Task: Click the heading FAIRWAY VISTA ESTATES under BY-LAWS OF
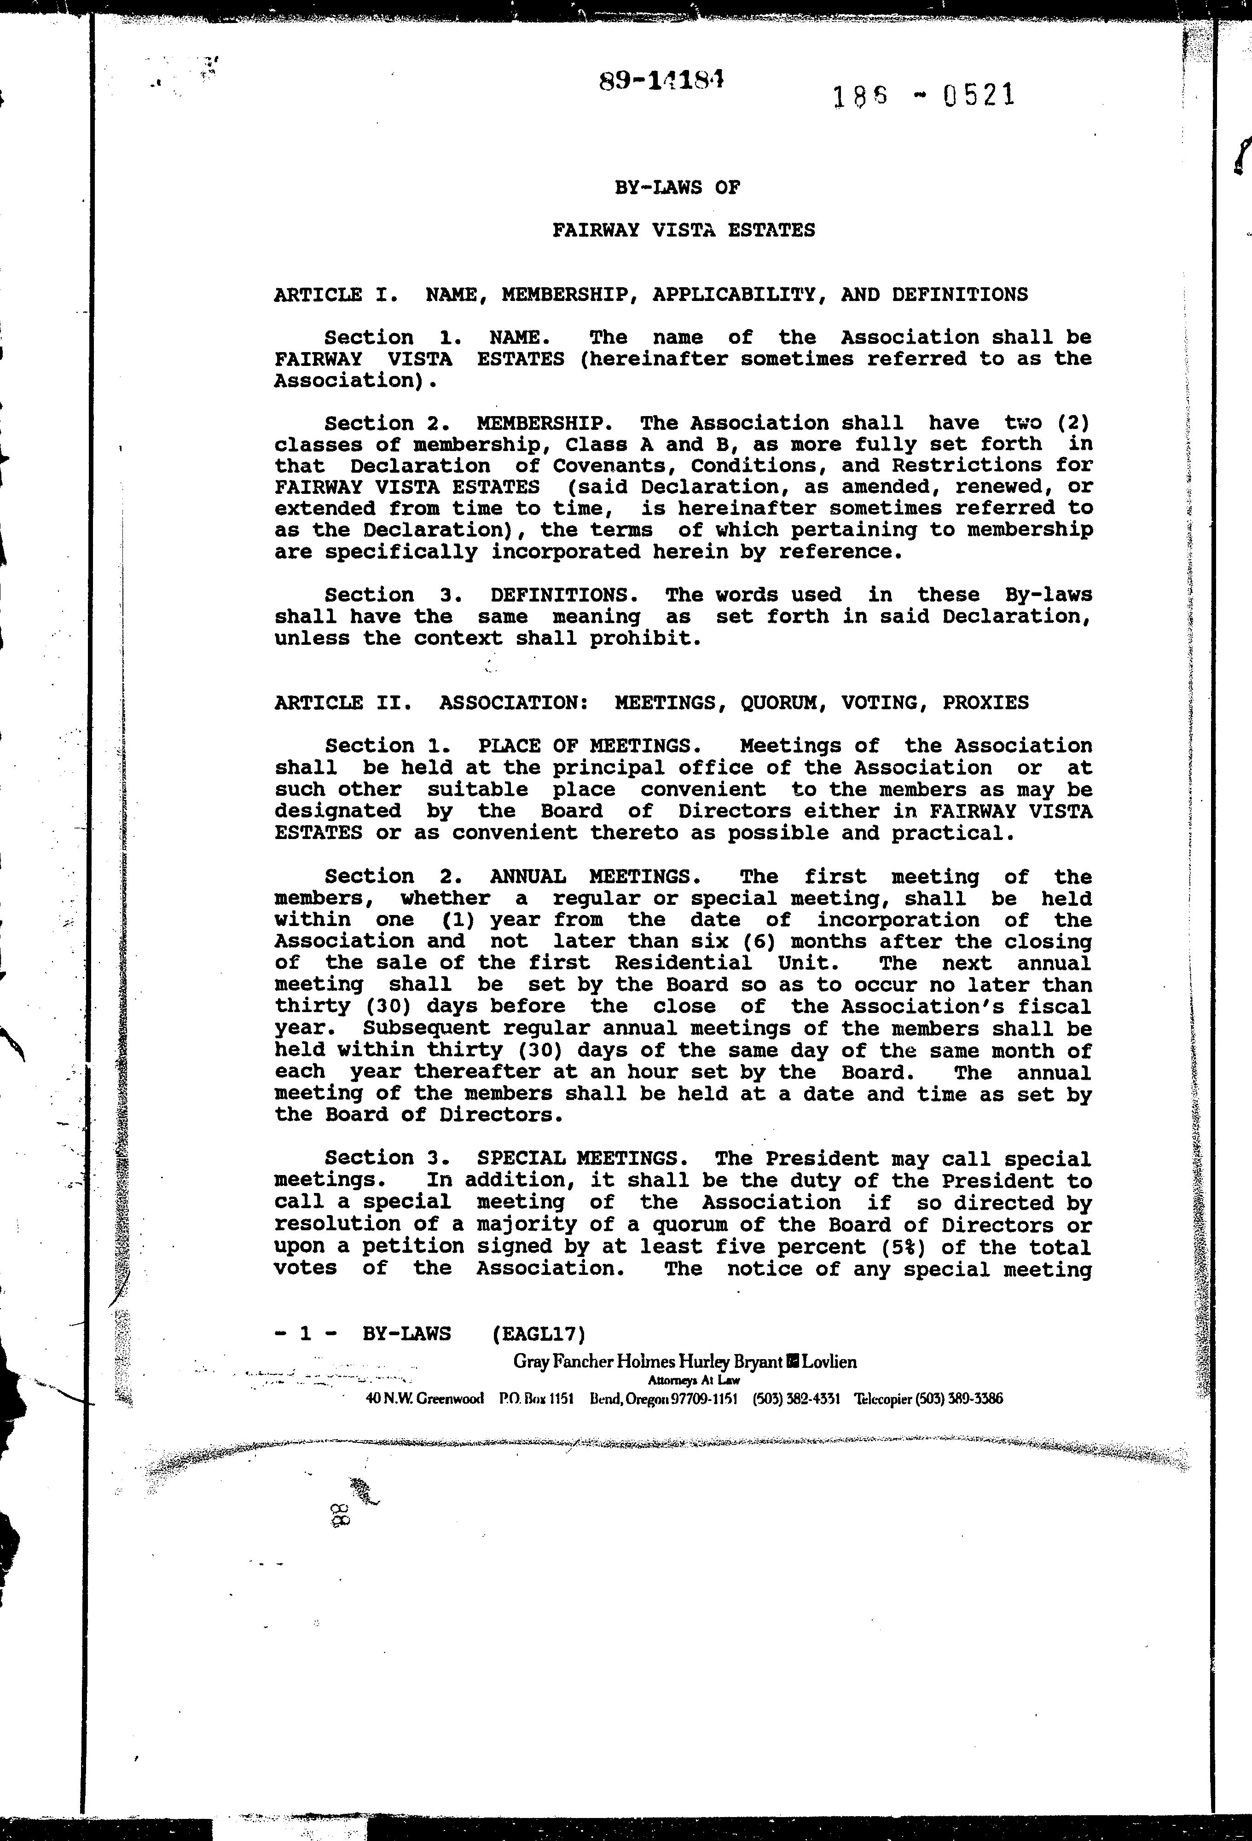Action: pyautogui.click(x=683, y=231)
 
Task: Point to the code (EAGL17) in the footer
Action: pyautogui.click(x=538, y=1334)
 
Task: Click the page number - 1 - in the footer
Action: pyautogui.click(x=305, y=1334)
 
